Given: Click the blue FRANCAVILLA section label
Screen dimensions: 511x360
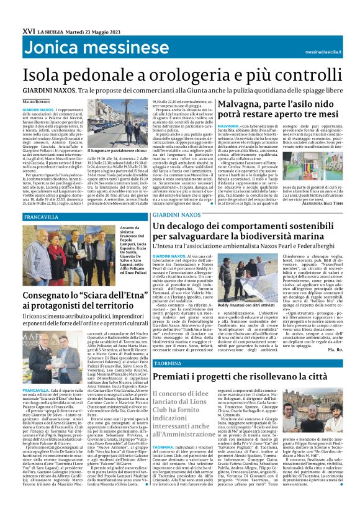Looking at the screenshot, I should (42, 217).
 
